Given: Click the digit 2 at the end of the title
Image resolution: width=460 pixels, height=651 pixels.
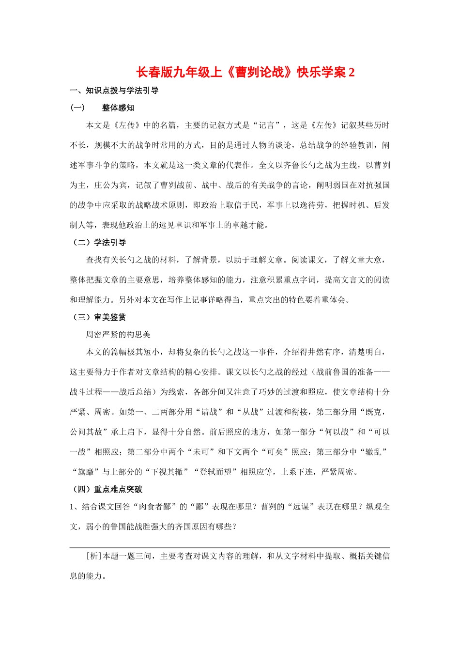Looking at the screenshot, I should coord(352,73).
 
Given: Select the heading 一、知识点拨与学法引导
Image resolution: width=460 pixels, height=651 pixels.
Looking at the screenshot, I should coord(114,91).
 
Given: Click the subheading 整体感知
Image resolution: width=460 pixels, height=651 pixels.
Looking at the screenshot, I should coord(118,108).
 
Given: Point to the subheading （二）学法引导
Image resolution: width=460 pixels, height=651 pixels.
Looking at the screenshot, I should coord(98,243).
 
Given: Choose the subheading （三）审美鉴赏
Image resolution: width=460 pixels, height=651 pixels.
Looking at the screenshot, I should coord(98,317).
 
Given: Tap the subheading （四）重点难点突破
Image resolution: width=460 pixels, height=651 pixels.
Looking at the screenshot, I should coord(107,490).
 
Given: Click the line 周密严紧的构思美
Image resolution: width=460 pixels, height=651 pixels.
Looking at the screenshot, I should coord(118,335).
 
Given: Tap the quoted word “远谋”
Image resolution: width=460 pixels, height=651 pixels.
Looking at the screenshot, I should coord(299,507).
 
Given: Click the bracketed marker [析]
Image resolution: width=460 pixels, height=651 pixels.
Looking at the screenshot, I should coord(94,557).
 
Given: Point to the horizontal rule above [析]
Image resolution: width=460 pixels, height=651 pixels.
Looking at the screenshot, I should coord(230,547).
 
